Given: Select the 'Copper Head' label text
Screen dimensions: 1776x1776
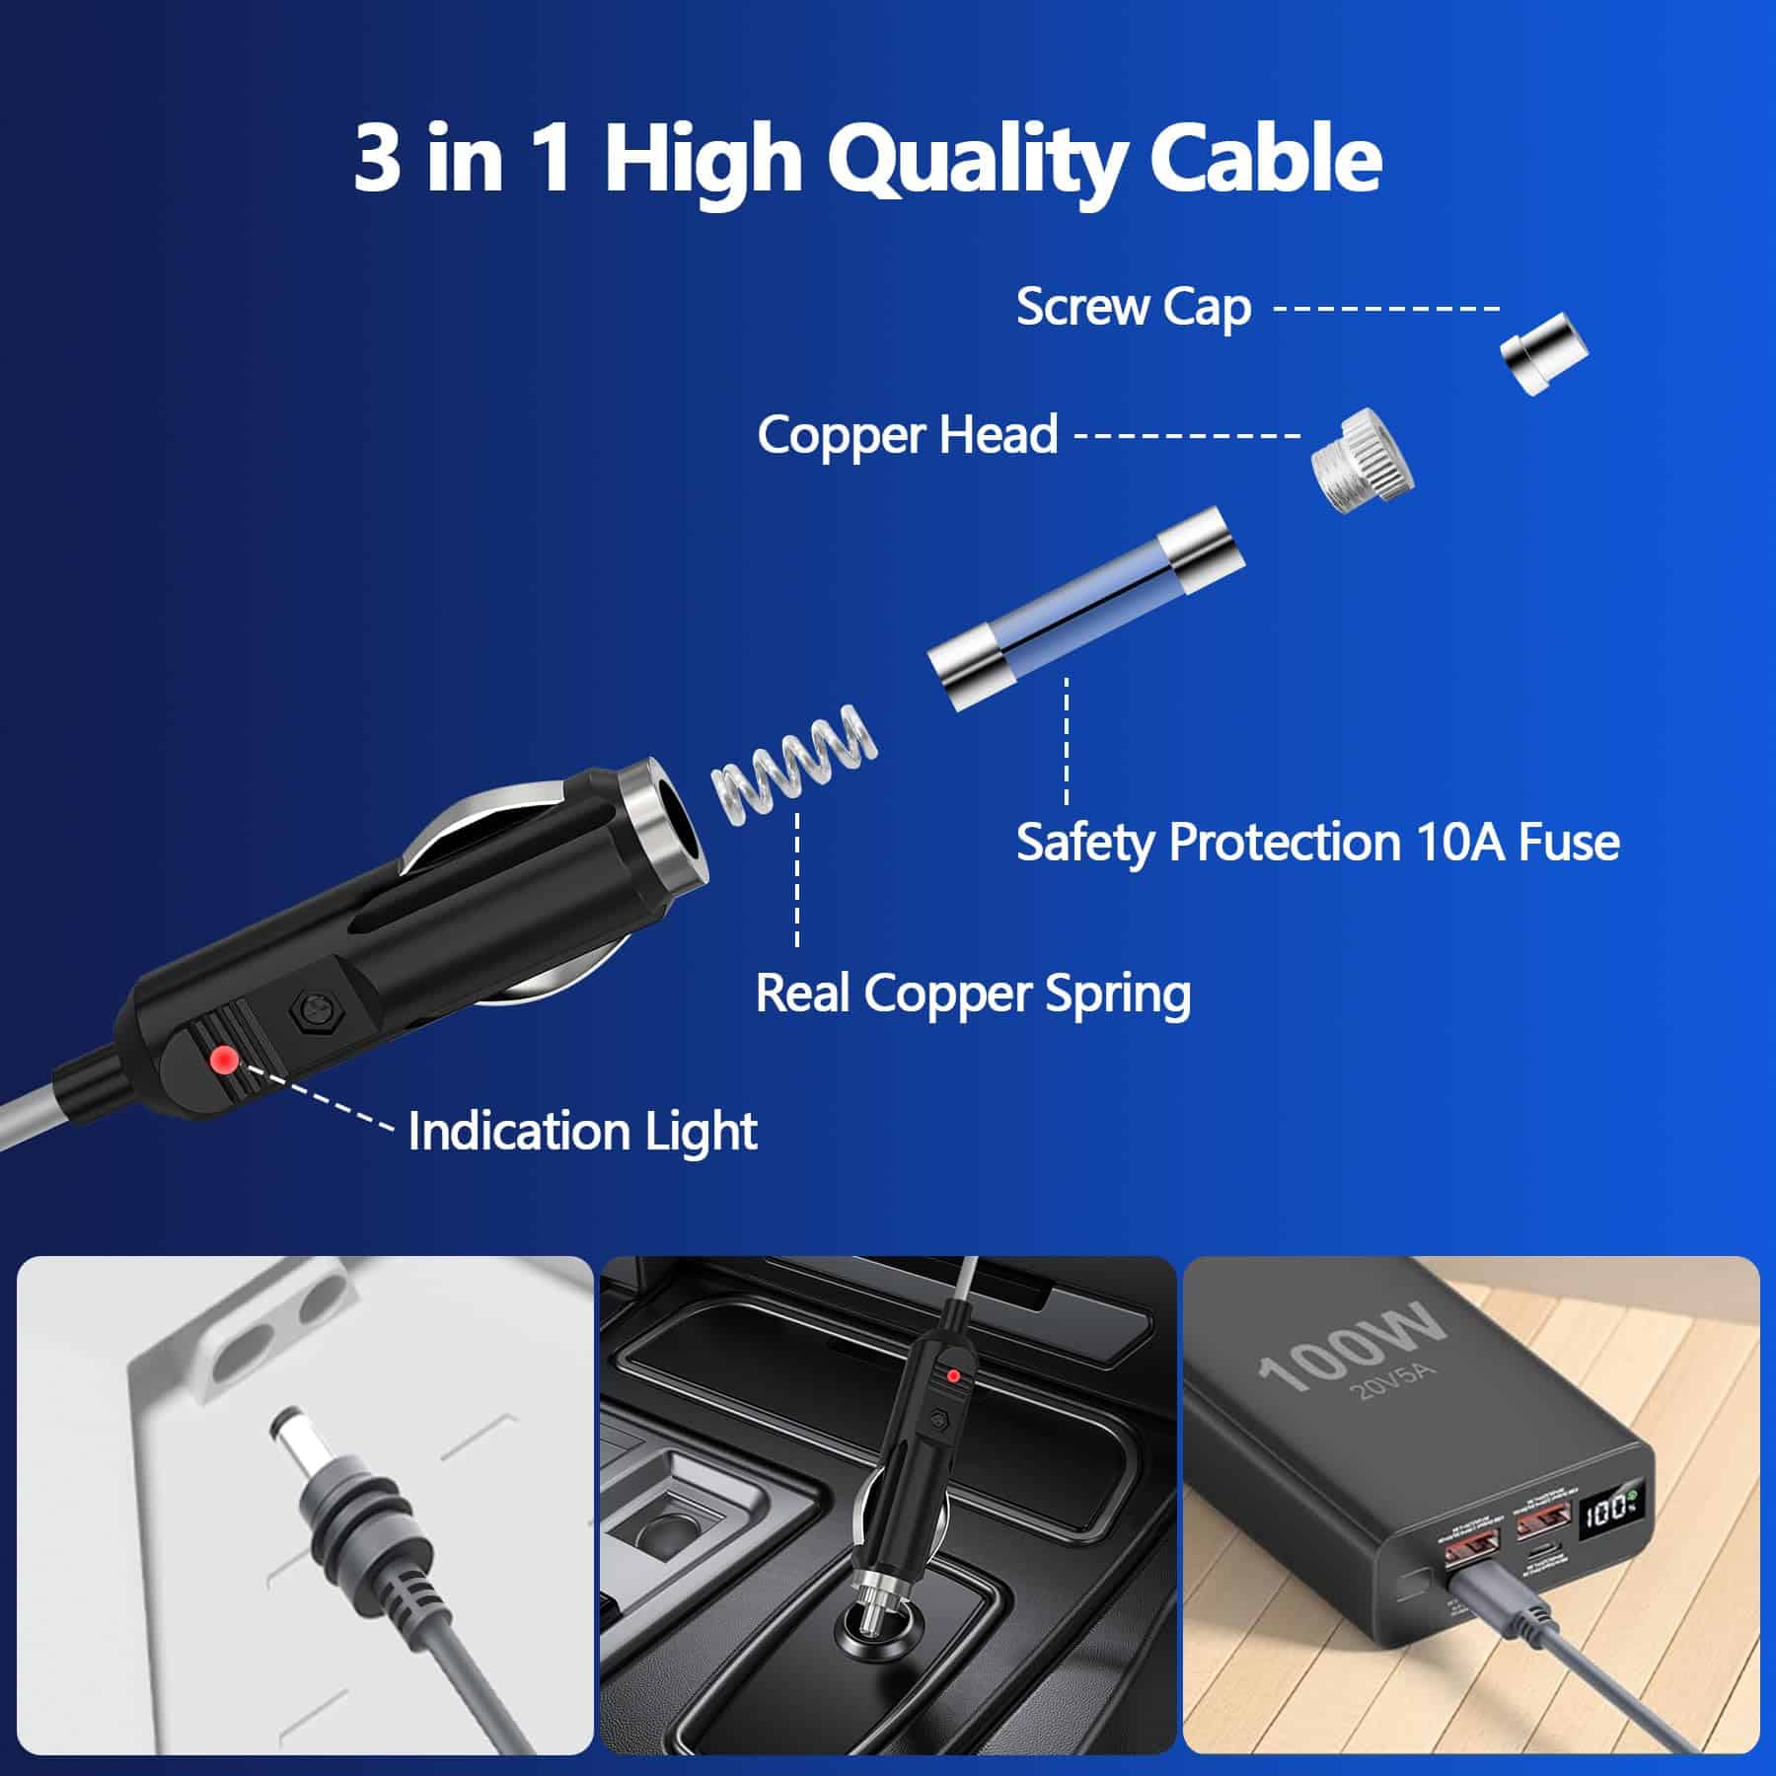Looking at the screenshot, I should pos(907,435).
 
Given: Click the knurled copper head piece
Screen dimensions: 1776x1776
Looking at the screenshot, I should pos(1362,460).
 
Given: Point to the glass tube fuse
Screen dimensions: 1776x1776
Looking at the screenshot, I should pos(1086,608).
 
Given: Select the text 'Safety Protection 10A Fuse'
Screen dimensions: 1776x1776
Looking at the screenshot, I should pos(1317,843).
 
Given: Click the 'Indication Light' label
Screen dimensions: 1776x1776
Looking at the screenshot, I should pos(582,1131).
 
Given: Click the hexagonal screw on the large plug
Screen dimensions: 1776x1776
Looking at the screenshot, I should pos(311,1012).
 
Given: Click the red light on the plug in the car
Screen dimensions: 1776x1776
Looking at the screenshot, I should pos(953,1375).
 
